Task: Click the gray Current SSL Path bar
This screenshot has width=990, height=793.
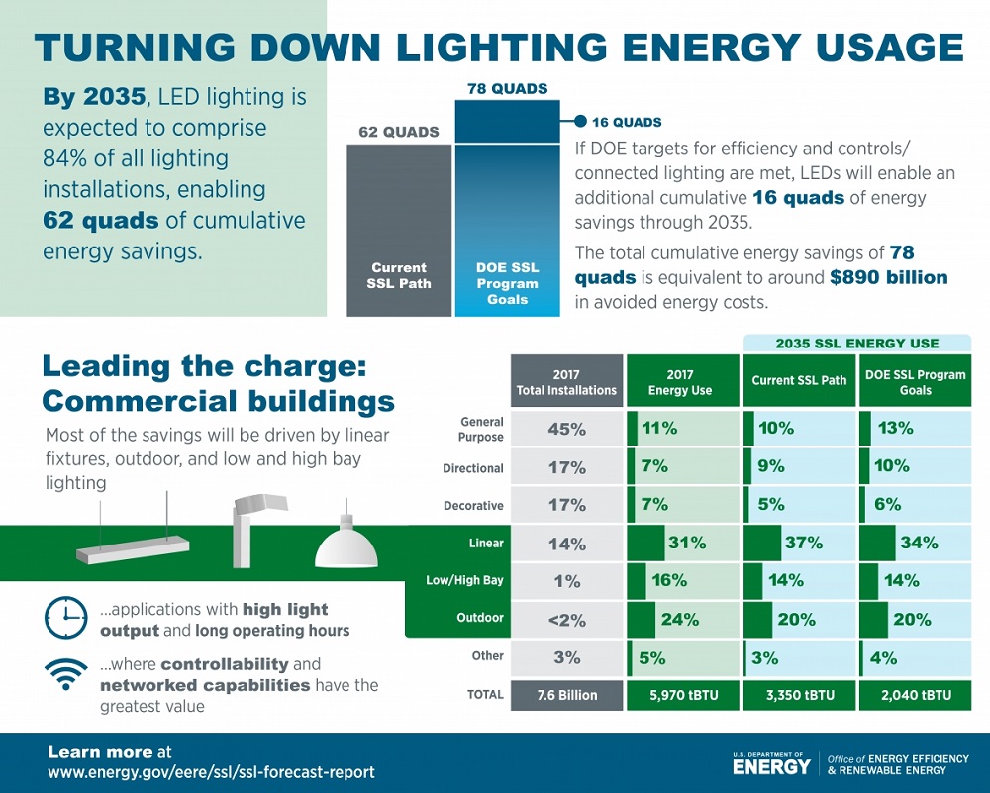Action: pyautogui.click(x=399, y=230)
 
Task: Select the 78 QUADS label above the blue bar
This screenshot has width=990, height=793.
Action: pyautogui.click(x=507, y=89)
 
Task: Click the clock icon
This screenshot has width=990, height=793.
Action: pyautogui.click(x=65, y=617)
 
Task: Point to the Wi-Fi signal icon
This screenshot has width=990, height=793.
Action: pyautogui.click(x=65, y=674)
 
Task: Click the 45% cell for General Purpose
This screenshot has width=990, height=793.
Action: pyautogui.click(x=566, y=430)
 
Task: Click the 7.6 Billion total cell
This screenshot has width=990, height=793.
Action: pyautogui.click(x=566, y=695)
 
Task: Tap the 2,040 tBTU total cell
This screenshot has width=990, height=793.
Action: pyautogui.click(x=916, y=695)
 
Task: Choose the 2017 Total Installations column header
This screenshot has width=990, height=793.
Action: pyautogui.click(x=566, y=382)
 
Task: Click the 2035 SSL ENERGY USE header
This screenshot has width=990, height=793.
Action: pyautogui.click(x=856, y=344)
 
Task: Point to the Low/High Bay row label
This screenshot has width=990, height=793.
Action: pyautogui.click(x=464, y=580)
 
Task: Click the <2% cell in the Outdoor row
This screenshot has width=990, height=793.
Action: pyautogui.click(x=566, y=620)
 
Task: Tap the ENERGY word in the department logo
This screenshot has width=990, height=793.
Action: pyautogui.click(x=771, y=766)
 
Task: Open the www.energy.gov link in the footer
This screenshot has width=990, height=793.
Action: pyautogui.click(x=211, y=772)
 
